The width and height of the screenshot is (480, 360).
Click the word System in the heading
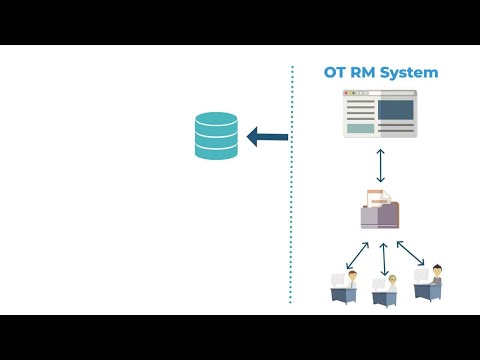pos(409,73)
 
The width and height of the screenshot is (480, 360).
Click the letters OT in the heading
pos(334,73)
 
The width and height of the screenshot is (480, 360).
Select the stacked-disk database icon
pos(216,136)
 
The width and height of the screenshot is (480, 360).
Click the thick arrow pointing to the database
pos(267,137)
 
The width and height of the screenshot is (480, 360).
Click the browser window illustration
pos(379,113)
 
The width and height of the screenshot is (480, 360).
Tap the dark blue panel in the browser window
pos(395,108)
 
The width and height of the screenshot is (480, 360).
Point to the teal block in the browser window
pos(360,128)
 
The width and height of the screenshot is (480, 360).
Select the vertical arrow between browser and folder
pos(380,165)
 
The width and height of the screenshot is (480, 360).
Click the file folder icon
pos(380,213)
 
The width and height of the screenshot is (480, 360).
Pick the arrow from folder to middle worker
pos(383,259)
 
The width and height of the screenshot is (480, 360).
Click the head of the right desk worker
pos(436,269)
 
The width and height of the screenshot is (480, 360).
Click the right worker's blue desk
pos(427,291)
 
